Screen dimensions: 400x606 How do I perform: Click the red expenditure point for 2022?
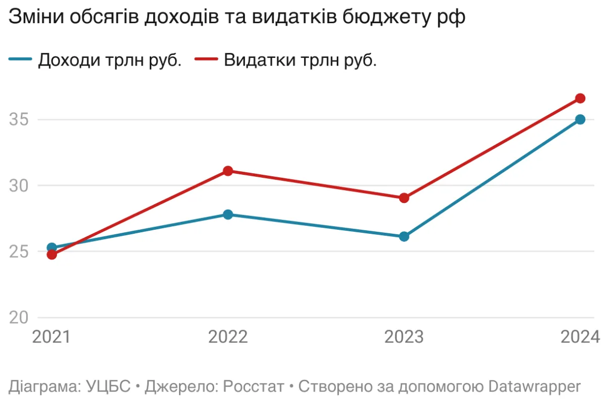coord(227,171)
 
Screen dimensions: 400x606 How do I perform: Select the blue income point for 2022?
coord(227,215)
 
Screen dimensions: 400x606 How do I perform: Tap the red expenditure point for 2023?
coord(404,198)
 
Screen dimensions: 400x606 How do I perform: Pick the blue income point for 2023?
coord(404,236)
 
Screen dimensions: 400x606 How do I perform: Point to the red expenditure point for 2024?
coord(580,98)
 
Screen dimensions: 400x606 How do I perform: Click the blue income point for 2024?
coord(580,119)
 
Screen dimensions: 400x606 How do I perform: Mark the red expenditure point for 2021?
coord(51,254)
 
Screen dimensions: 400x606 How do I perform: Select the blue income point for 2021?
coord(51,247)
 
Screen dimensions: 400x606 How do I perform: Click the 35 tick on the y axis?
coord(19,120)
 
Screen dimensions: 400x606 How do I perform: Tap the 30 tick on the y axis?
coord(19,186)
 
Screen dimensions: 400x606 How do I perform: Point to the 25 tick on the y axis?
coord(19,252)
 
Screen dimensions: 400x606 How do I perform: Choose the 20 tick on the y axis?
coord(19,318)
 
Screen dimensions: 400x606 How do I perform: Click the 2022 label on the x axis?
coord(227,337)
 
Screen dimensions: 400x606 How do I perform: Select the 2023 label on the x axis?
coord(404,337)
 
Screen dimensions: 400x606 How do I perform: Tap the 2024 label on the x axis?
coord(580,337)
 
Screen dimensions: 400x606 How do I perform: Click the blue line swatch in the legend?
coord(21,60)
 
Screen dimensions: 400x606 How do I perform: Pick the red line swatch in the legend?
coord(206,60)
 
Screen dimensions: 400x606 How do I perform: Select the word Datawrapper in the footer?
coord(534,386)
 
